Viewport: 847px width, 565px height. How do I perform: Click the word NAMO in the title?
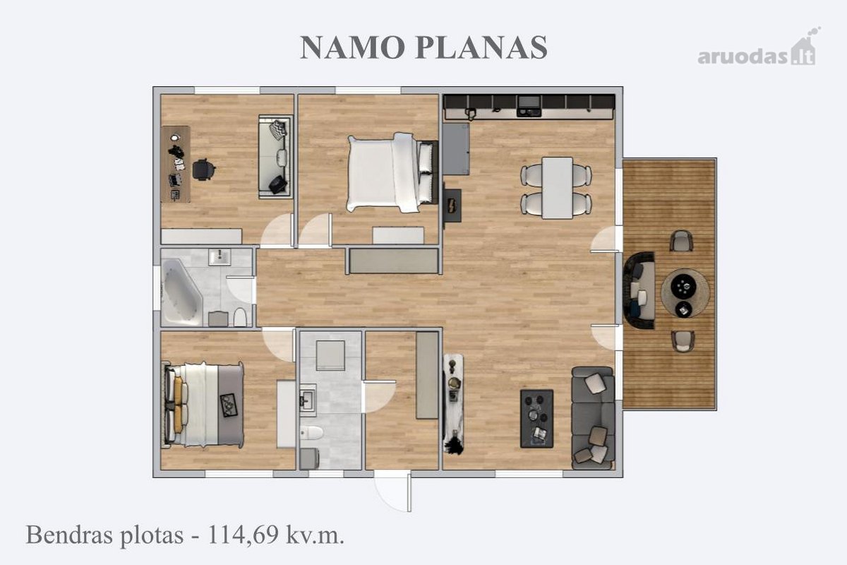tap(352, 47)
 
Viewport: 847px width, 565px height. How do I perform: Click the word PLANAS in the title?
tap(481, 47)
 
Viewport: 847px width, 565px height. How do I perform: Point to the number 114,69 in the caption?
tap(243, 535)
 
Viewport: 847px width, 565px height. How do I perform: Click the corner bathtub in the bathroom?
tap(181, 292)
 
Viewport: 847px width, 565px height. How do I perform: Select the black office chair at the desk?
tap(204, 169)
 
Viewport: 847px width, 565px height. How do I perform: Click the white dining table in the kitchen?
tap(557, 188)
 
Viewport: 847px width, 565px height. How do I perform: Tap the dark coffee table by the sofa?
tap(537, 419)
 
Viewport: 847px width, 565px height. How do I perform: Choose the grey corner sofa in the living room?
tap(593, 418)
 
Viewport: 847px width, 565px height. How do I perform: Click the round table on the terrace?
tap(685, 293)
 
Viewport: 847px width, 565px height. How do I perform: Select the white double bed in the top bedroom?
tap(392, 172)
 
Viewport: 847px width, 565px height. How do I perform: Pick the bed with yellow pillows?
tap(203, 405)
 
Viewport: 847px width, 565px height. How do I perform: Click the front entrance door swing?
tap(393, 492)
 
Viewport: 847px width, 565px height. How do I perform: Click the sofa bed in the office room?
tap(275, 157)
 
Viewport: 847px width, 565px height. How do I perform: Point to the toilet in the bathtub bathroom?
tap(240, 317)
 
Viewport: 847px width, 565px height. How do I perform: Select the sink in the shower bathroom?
tap(308, 399)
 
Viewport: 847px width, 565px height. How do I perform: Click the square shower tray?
tap(330, 355)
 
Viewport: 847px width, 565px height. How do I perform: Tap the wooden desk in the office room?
tap(175, 164)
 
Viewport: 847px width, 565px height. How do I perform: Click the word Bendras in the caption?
tap(69, 535)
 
